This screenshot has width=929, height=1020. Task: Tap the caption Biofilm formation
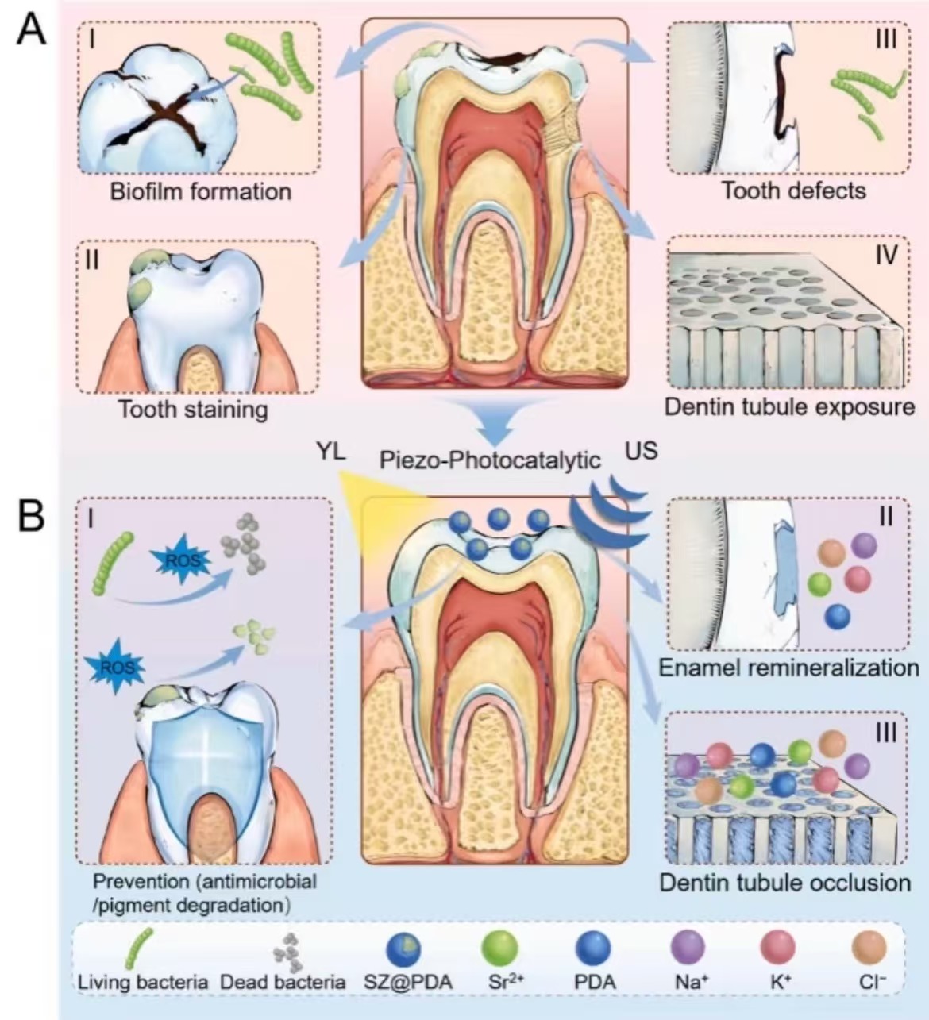click(200, 191)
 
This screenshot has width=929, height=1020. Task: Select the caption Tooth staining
click(192, 410)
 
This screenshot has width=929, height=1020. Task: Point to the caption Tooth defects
click(793, 191)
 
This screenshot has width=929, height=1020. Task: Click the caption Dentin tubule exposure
click(789, 407)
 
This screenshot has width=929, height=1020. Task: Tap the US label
click(641, 451)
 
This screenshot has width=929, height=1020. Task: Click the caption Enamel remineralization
click(788, 668)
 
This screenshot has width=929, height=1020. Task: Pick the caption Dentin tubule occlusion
click(784, 883)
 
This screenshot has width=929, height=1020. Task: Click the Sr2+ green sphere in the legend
click(500, 948)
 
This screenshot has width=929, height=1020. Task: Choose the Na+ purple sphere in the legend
click(688, 948)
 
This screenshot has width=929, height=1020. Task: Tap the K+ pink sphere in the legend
click(778, 948)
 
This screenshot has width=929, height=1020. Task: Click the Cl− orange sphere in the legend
click(869, 948)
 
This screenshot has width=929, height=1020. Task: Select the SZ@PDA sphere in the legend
click(404, 949)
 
